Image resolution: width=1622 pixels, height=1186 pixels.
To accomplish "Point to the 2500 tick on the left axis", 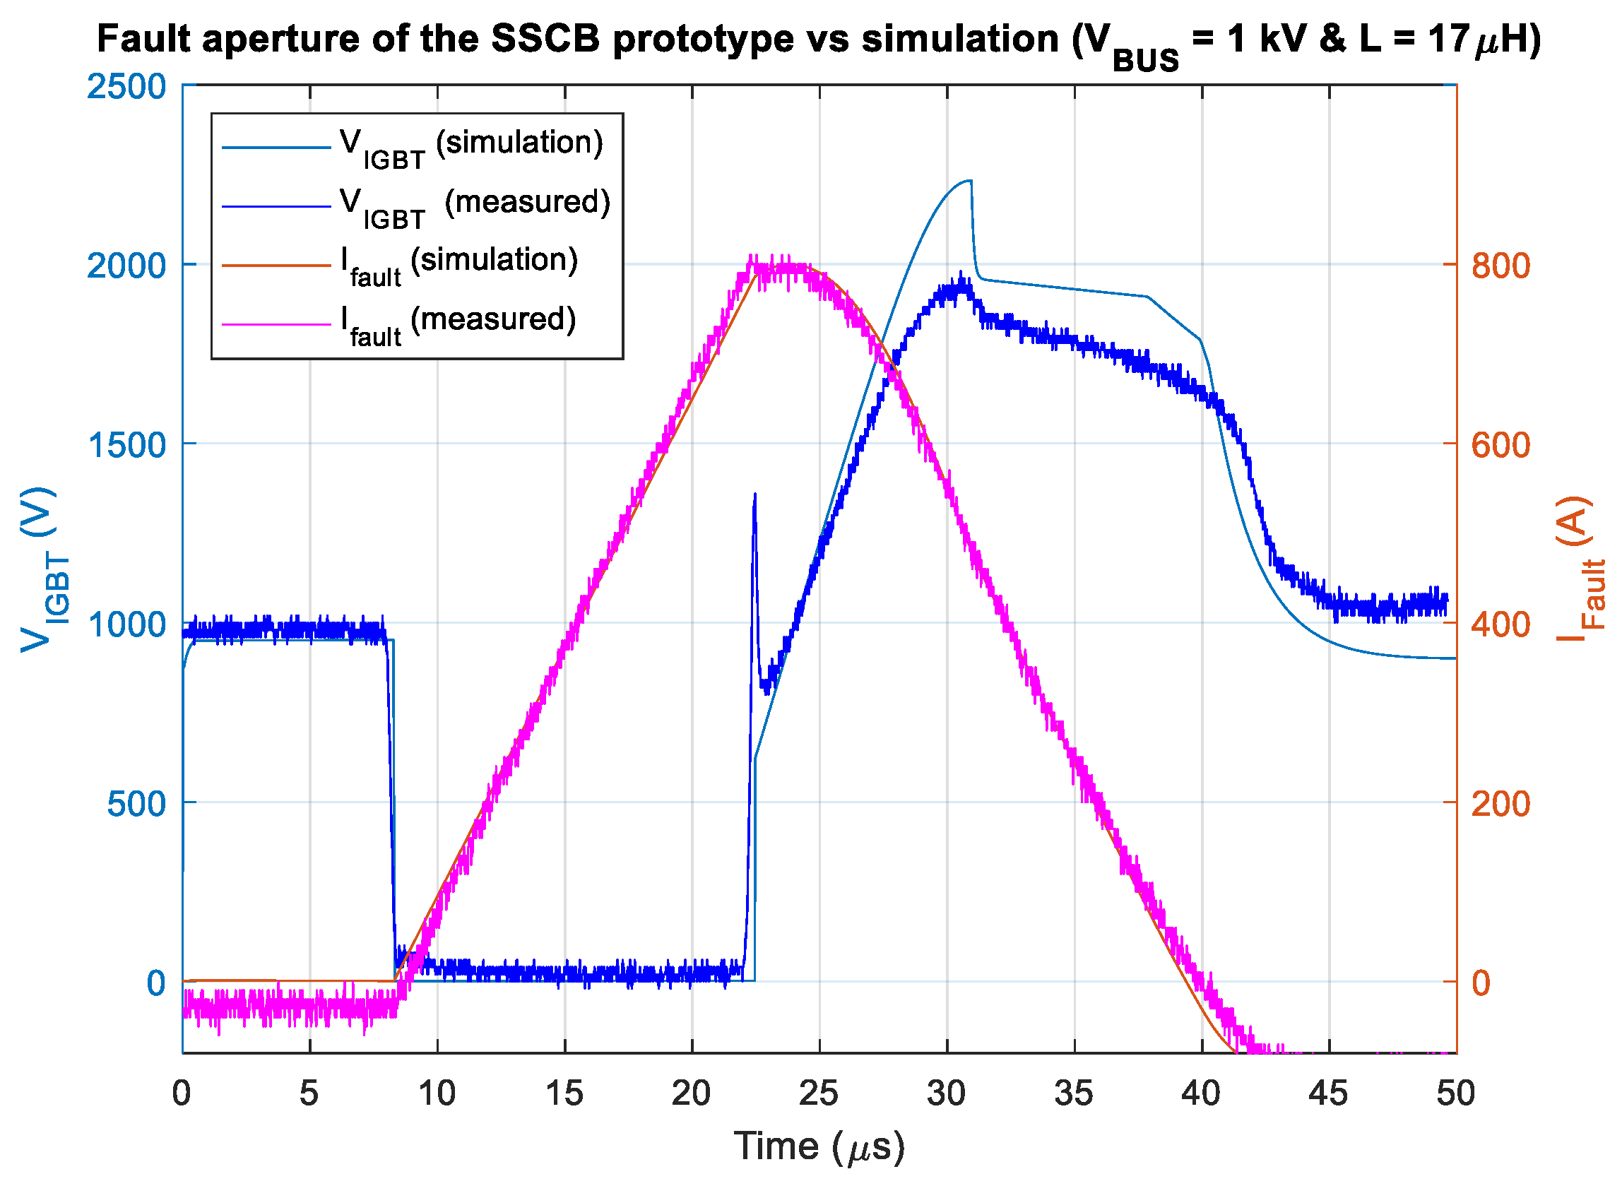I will [x=126, y=87].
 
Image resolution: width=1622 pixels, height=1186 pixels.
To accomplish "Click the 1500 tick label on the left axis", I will [x=126, y=446].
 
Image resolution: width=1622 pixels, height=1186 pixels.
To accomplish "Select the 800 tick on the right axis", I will [x=1498, y=266].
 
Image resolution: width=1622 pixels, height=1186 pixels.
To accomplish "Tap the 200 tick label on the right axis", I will [x=1498, y=805].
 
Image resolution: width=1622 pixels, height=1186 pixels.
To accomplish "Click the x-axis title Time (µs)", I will [x=819, y=1147].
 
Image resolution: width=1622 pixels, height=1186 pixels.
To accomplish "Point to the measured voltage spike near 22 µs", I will [x=754, y=495].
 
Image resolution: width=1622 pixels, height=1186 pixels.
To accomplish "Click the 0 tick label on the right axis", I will [x=1481, y=983].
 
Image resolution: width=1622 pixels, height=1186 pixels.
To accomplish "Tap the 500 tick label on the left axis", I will [x=136, y=804].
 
